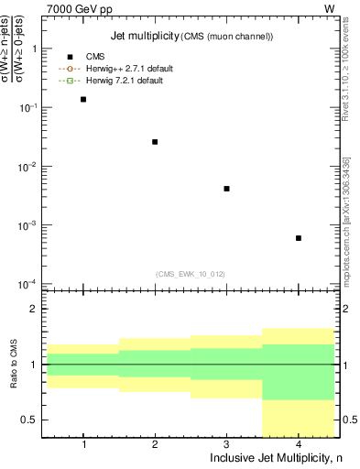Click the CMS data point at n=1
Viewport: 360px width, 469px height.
coord(83,99)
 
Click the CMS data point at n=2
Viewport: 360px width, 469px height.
coord(155,142)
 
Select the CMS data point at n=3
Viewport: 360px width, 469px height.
coord(226,189)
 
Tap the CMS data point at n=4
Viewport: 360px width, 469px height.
coord(299,238)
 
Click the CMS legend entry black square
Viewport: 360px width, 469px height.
coord(70,57)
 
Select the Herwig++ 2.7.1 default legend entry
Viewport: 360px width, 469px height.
coord(127,69)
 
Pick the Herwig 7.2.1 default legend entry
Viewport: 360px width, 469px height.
coord(124,81)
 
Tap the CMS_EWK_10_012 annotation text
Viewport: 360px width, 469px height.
coord(191,273)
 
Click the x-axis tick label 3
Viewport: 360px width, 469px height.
coord(226,444)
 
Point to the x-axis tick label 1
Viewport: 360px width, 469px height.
coord(83,444)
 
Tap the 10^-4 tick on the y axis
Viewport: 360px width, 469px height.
coord(30,284)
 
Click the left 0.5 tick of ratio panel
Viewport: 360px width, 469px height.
coord(33,420)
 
